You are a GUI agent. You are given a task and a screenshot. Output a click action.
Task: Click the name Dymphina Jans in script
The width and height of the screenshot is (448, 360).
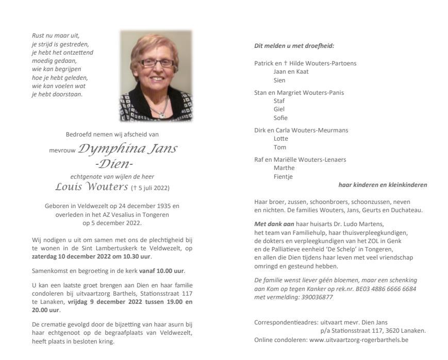tap(127, 149)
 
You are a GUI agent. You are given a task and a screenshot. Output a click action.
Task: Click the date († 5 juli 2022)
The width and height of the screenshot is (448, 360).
tap(151, 187)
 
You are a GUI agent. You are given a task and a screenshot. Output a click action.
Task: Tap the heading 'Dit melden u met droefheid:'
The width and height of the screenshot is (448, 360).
tap(294, 46)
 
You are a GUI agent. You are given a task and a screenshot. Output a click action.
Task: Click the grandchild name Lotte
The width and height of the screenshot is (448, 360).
tap(280, 139)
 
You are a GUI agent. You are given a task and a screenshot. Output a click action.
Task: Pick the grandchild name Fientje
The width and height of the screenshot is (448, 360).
tap(284, 177)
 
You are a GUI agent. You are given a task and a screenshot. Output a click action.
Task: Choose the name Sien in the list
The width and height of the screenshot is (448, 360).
tap(279, 80)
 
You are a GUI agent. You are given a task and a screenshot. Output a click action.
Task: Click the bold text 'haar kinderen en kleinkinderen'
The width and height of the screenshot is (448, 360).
tap(382, 185)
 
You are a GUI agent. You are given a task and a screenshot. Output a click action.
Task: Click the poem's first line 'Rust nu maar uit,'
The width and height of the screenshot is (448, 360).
tap(56, 36)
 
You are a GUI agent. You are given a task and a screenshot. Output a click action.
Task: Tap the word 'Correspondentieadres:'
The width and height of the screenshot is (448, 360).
tap(286, 322)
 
